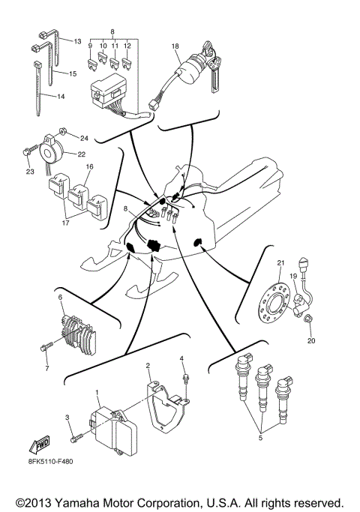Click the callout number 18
pos(175,46)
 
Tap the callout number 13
pos(77,41)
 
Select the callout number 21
pos(280,262)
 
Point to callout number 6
pos(60,298)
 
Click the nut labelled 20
pos(309,321)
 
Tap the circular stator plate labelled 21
pos(271,302)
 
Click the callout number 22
pos(81,154)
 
